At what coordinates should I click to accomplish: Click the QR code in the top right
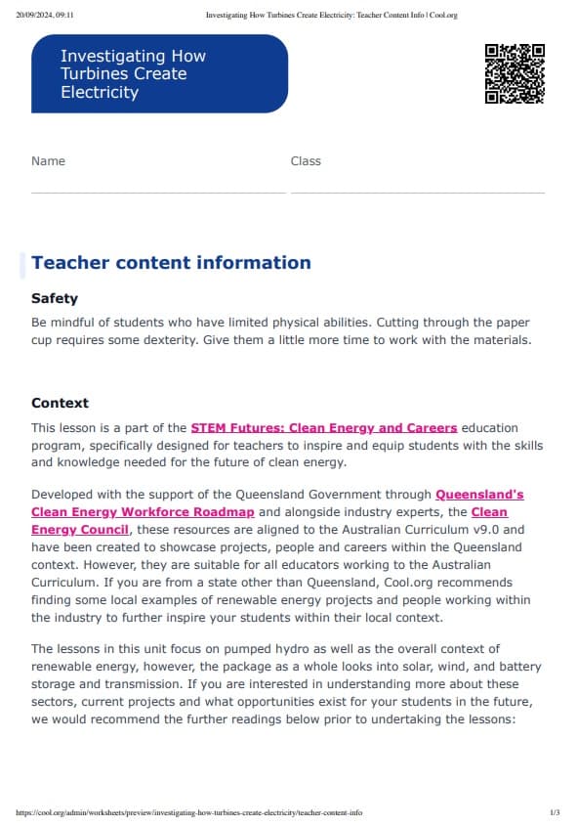[515, 73]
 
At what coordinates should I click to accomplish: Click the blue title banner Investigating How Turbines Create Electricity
[159, 74]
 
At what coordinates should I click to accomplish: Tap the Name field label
[48, 161]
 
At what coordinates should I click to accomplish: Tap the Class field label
[306, 161]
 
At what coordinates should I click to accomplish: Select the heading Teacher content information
[171, 262]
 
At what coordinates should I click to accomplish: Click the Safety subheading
[55, 298]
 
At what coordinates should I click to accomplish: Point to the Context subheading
[60, 403]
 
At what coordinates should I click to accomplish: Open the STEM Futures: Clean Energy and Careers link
[323, 428]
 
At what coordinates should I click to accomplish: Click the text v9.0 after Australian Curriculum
[501, 530]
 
